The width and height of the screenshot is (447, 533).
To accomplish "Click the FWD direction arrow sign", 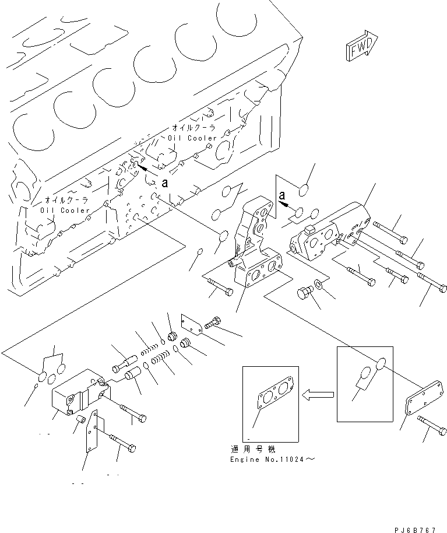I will (x=362, y=46).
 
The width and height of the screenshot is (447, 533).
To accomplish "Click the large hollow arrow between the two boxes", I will (x=318, y=396).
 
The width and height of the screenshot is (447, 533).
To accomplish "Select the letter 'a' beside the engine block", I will (x=166, y=182).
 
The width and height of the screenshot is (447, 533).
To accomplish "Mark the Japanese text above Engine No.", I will (x=251, y=450).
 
